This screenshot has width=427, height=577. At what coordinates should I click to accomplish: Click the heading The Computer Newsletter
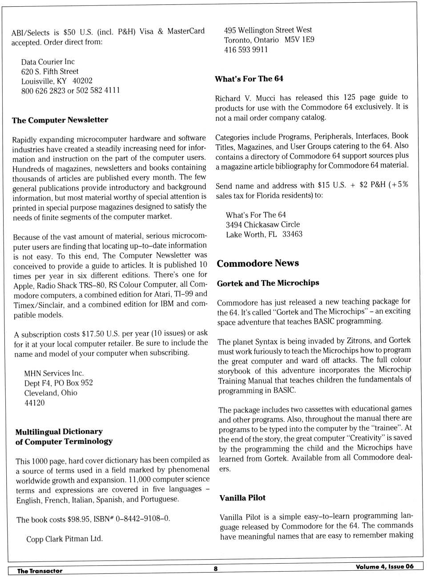[60, 120]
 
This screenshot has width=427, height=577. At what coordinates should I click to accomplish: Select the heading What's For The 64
[249, 79]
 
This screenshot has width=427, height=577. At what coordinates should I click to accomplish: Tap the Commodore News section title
[258, 263]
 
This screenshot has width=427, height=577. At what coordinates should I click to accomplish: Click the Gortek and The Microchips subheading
[268, 283]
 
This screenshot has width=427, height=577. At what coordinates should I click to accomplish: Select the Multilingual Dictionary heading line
[59, 431]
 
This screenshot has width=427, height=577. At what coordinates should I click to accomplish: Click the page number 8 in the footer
[216, 569]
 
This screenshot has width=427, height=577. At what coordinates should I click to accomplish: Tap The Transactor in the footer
[40, 571]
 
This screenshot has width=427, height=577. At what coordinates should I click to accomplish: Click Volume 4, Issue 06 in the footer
[384, 566]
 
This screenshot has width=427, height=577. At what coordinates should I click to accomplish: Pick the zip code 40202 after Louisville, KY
[82, 81]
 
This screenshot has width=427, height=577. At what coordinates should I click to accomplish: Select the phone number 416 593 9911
[246, 49]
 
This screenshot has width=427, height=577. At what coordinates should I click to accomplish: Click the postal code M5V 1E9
[299, 40]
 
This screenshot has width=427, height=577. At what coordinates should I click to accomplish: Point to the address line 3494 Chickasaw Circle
[262, 224]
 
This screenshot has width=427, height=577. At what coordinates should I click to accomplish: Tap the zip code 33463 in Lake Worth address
[292, 234]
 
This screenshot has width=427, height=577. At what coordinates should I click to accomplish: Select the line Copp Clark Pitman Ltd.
[64, 539]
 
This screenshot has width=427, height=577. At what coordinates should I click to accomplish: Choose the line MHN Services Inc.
[54, 373]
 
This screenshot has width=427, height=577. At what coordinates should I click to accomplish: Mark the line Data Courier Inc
[48, 61]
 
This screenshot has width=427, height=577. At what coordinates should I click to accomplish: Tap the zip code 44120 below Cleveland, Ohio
[34, 402]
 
